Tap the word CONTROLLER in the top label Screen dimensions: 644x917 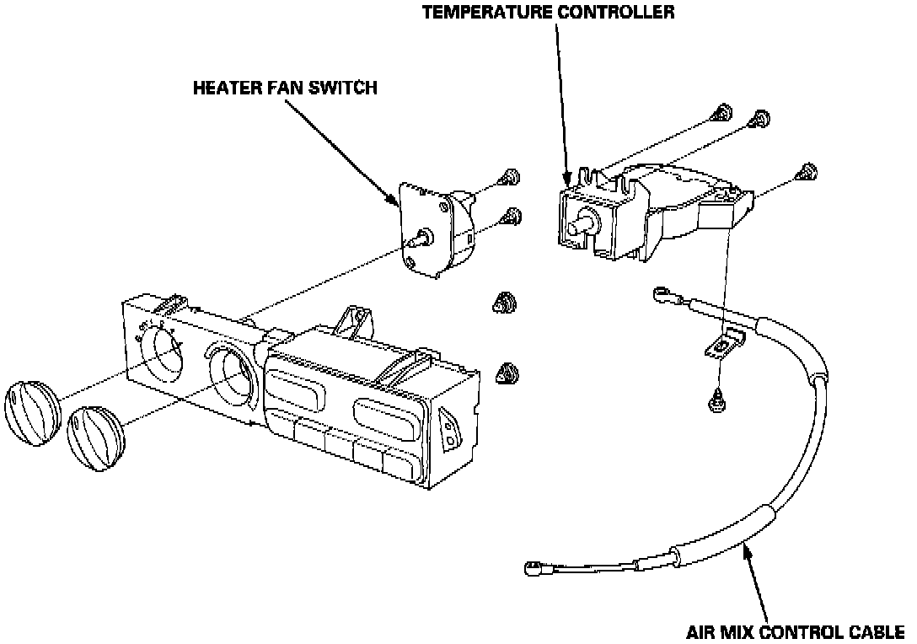(618, 13)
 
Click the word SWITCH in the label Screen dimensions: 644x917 (344, 88)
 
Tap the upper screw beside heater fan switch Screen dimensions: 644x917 (507, 178)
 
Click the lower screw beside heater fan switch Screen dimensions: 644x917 (509, 217)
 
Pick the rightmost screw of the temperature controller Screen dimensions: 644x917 (808, 172)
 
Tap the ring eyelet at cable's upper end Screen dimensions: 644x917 (662, 294)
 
